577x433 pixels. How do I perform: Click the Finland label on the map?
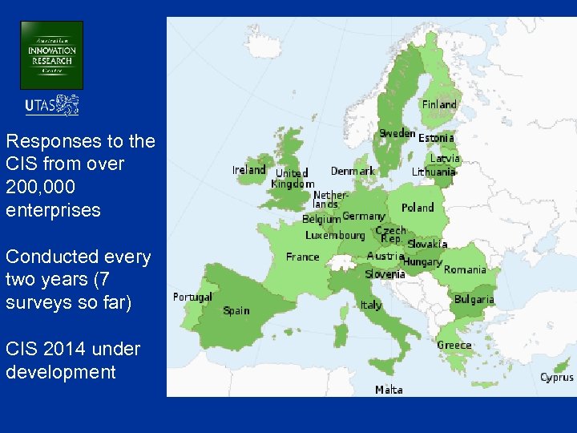point(439,104)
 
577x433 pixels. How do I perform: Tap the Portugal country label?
point(192,297)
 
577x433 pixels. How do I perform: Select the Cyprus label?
point(556,377)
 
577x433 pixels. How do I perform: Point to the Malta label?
point(389,390)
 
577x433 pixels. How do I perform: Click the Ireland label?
point(248,170)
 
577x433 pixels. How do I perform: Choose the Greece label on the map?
point(454,345)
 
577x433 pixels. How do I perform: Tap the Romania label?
point(465,269)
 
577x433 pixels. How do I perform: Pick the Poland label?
point(418,208)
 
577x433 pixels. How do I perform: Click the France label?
point(302,257)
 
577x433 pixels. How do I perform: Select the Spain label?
point(236,310)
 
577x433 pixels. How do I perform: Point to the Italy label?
point(371,305)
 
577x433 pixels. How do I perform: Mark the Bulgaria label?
point(474,299)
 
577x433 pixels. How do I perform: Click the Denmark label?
point(353,171)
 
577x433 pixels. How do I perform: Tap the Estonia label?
point(436,138)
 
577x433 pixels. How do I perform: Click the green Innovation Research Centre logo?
point(51,55)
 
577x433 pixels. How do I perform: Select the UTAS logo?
point(52,105)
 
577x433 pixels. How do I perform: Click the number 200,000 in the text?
point(38,188)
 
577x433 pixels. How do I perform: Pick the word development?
point(60,372)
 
